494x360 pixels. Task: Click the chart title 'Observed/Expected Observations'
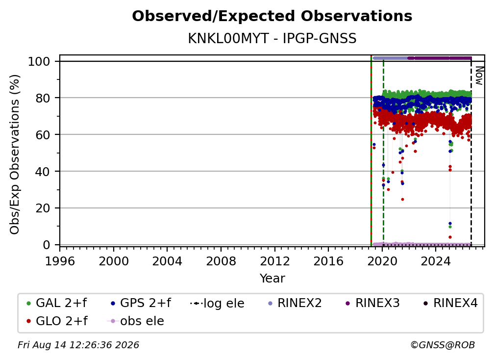pos(272,16)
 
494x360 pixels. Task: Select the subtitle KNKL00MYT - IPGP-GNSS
pos(272,39)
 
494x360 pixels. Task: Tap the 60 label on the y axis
pos(43,135)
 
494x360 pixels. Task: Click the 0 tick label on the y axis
pos(47,245)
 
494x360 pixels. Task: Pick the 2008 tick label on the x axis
pos(221,261)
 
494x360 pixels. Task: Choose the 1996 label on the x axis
pos(60,261)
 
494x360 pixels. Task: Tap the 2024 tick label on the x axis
pos(436,261)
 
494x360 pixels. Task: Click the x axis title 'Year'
pos(272,279)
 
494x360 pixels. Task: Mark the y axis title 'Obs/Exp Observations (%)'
pos(15,154)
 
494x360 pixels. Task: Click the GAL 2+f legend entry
pos(57,303)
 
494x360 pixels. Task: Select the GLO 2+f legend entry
pos(57,321)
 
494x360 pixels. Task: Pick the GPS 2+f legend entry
pos(141,303)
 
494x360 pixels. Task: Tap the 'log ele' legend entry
pos(218,303)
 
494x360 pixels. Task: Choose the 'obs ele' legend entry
pos(136,321)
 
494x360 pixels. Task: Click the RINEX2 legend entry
pos(295,303)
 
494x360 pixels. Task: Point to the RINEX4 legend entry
pos(450,303)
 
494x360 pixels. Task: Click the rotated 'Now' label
pos(479,76)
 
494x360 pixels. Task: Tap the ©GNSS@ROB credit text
pos(443,345)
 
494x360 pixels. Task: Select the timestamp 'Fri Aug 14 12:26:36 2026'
pos(78,345)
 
